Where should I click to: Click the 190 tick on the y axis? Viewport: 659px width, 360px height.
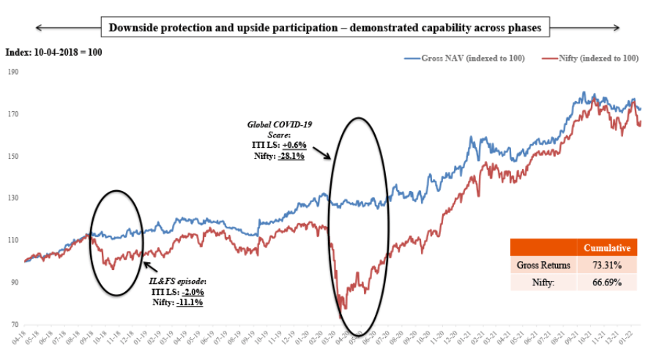[x=14, y=72]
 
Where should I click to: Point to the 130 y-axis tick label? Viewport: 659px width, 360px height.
[x=14, y=198]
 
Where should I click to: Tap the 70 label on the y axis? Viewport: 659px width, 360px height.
[x=14, y=324]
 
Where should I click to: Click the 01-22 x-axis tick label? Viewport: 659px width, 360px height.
[x=628, y=338]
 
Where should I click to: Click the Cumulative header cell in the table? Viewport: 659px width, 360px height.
[x=607, y=248]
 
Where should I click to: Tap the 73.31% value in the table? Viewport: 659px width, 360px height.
[x=607, y=265]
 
